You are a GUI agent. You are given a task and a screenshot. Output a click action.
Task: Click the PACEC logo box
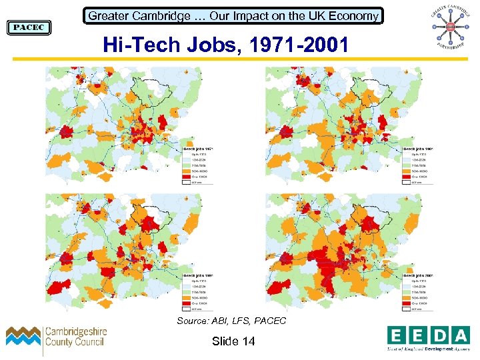[x=29, y=27]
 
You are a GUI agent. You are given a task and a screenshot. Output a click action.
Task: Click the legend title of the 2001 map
[x=418, y=274]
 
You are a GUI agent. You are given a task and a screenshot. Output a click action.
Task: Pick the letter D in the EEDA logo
[x=439, y=334]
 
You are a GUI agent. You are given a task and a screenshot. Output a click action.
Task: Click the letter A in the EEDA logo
[x=460, y=334]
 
